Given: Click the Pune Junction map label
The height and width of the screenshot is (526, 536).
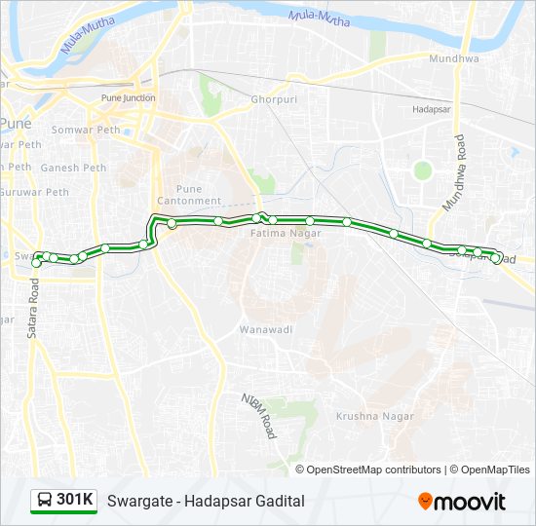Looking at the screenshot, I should [x=128, y=98].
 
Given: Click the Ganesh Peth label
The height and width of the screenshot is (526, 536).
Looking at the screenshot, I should [x=74, y=168].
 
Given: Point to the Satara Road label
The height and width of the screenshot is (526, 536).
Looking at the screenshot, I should [x=32, y=310].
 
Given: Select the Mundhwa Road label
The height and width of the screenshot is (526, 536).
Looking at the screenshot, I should [x=456, y=174].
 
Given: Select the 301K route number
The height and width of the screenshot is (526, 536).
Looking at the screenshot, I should [x=75, y=501].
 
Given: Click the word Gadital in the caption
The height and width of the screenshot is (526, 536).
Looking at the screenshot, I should [x=277, y=501].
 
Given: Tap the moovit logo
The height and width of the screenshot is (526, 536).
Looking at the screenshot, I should [x=462, y=502].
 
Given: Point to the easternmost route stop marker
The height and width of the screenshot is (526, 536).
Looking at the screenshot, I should [x=497, y=258].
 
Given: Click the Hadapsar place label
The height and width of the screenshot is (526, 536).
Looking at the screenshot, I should [x=430, y=110].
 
